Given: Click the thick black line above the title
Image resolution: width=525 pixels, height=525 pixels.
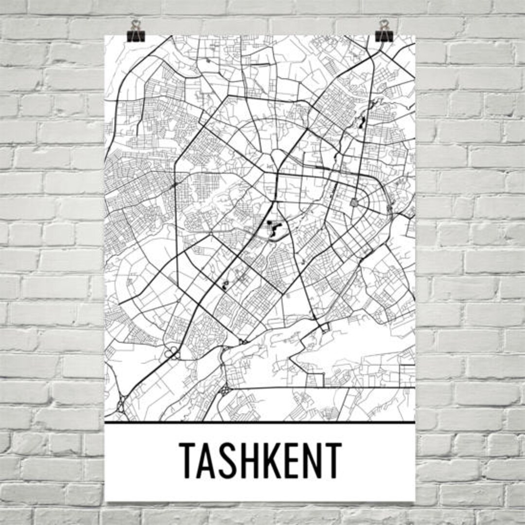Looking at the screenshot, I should point(260,422).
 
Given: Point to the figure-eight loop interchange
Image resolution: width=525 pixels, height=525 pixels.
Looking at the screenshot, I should point(172,353).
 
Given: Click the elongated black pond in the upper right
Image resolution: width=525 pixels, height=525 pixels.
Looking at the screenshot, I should point(361,122).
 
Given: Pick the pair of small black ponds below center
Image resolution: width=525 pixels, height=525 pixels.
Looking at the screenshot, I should point(225,285).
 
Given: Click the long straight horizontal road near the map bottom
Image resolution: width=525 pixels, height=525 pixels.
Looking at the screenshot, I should point(321,388).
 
